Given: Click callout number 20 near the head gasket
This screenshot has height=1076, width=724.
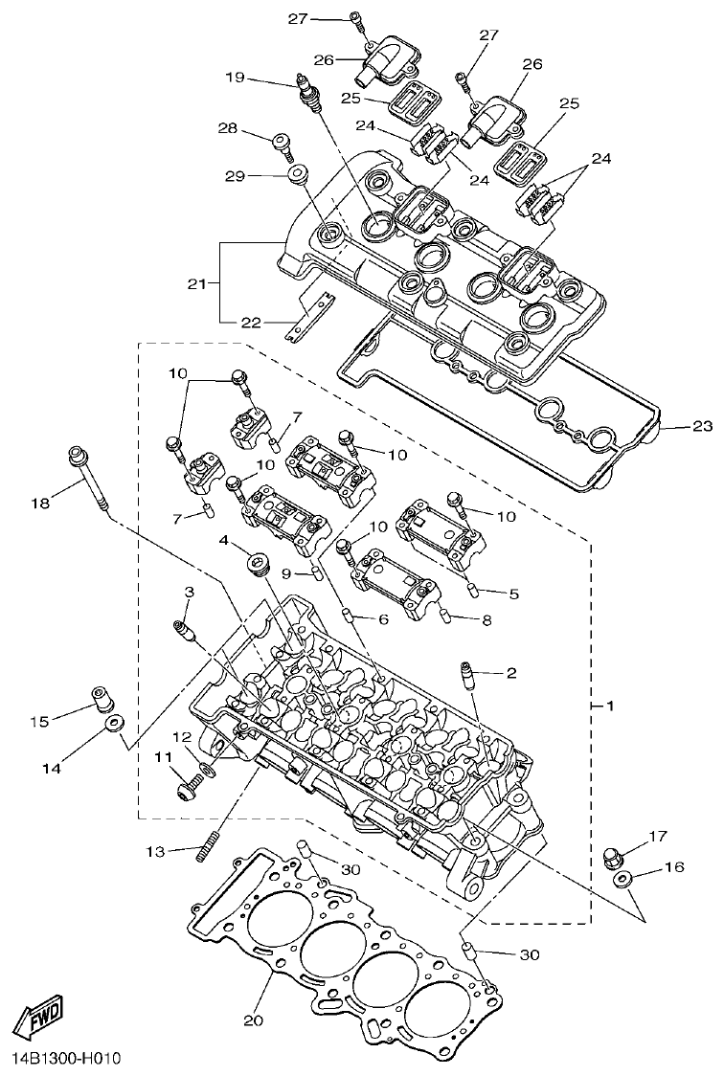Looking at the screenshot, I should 253,1020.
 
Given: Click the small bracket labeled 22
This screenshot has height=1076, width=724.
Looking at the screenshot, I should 309,315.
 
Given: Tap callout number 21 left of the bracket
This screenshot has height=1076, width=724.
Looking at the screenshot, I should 196,283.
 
